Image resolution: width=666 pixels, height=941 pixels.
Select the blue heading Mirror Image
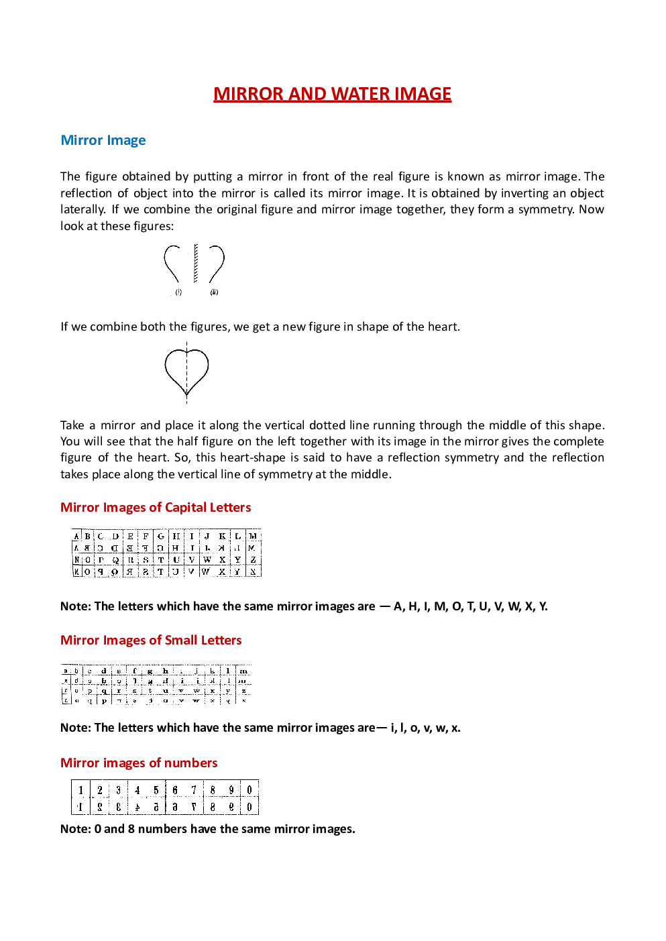[x=103, y=140]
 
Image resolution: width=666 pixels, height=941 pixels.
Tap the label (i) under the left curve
[x=178, y=292]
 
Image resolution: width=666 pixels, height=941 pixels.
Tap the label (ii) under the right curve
[x=214, y=292]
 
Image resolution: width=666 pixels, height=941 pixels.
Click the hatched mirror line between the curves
[x=196, y=264]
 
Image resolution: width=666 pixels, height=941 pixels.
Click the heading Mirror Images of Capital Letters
[x=156, y=508]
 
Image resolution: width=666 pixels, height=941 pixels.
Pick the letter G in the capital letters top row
[x=161, y=537]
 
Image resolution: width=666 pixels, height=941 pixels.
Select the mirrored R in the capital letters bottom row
[x=129, y=572]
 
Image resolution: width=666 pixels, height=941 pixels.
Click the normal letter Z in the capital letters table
[x=253, y=559]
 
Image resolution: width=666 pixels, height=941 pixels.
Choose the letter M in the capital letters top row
[x=253, y=537]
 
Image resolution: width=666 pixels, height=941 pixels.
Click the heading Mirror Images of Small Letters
[x=151, y=641]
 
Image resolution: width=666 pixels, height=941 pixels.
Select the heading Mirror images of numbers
[x=139, y=763]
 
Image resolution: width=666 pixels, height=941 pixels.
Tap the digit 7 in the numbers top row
[x=194, y=790]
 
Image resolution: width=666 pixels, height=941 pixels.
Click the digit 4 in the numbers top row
[x=137, y=790]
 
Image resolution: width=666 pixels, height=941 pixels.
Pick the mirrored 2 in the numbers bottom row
[x=100, y=807]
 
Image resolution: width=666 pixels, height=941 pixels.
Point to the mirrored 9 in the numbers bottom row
[x=231, y=807]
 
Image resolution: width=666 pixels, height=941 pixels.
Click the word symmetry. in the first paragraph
[x=547, y=209]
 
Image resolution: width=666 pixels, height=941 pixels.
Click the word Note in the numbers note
[x=74, y=829]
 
